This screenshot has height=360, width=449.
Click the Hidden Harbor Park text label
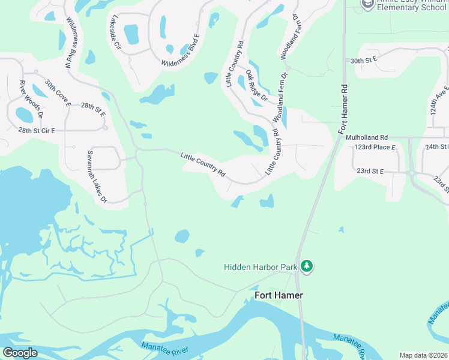point(261,266)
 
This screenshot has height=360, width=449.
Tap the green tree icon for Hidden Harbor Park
point(307,266)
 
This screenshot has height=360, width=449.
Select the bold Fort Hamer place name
point(279,295)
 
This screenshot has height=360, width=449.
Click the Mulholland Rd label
point(367,137)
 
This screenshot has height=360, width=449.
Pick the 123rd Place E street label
point(375,147)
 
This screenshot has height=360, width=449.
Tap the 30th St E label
point(363,60)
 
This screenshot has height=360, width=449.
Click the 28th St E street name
point(93,109)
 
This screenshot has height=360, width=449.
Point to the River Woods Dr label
point(31,98)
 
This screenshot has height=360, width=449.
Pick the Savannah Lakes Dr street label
point(96,176)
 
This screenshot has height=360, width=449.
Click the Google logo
point(20,353)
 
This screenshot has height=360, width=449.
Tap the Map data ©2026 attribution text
point(423,355)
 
